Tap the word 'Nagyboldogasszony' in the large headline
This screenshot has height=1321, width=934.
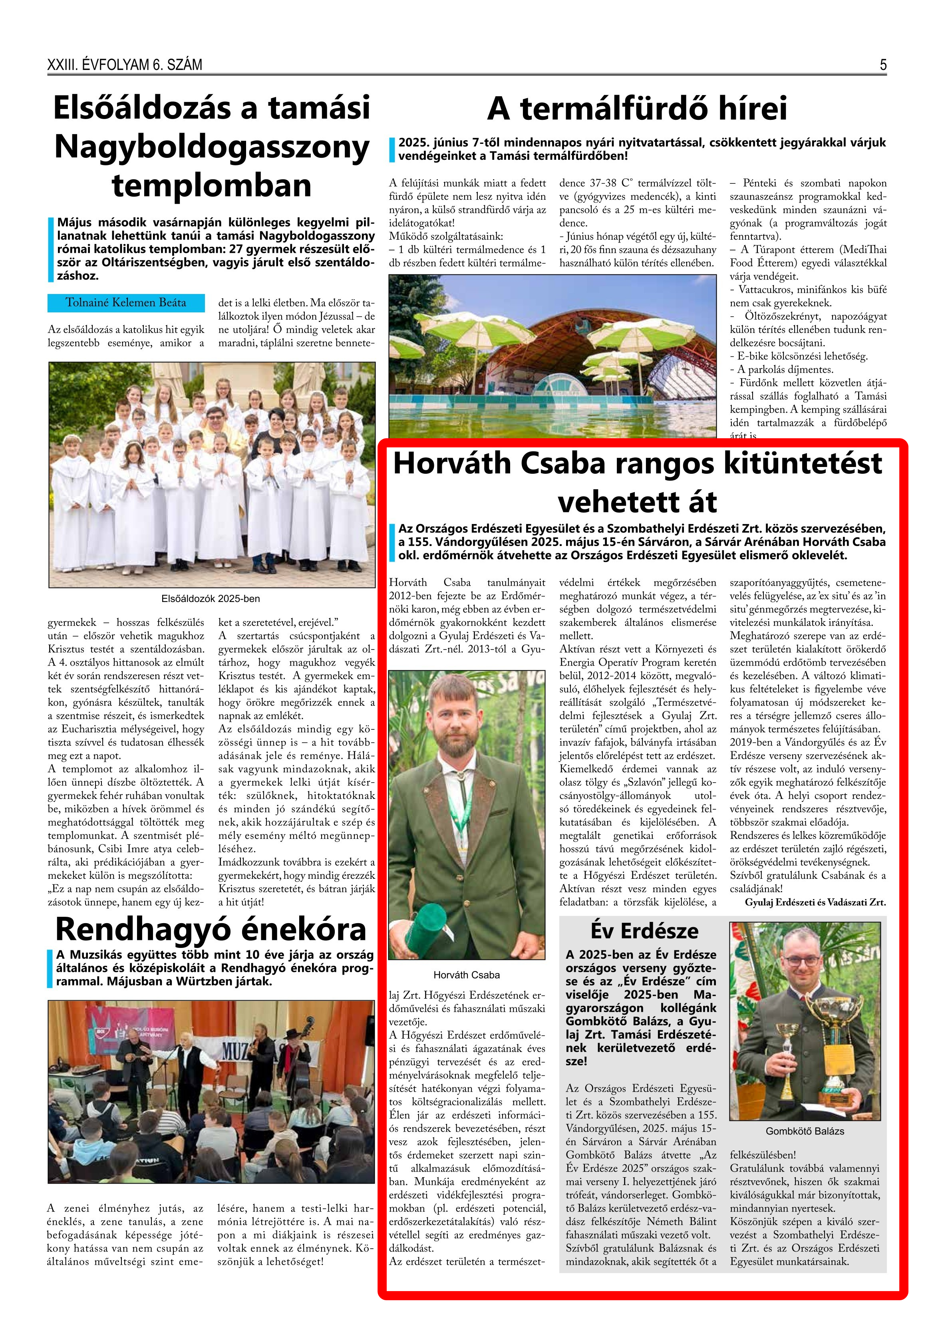pos(212,147)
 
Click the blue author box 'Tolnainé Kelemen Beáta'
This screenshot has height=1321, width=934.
pos(125,303)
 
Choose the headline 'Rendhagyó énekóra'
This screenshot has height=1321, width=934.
pos(211,929)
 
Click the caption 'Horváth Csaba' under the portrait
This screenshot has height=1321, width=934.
pos(466,975)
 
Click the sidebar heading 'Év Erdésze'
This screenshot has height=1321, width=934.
pos(644,930)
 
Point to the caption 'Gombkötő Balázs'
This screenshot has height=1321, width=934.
pos(805,1130)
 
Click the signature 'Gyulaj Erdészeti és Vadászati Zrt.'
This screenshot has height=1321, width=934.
pos(815,902)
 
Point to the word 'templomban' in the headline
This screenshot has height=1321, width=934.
pos(212,185)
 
